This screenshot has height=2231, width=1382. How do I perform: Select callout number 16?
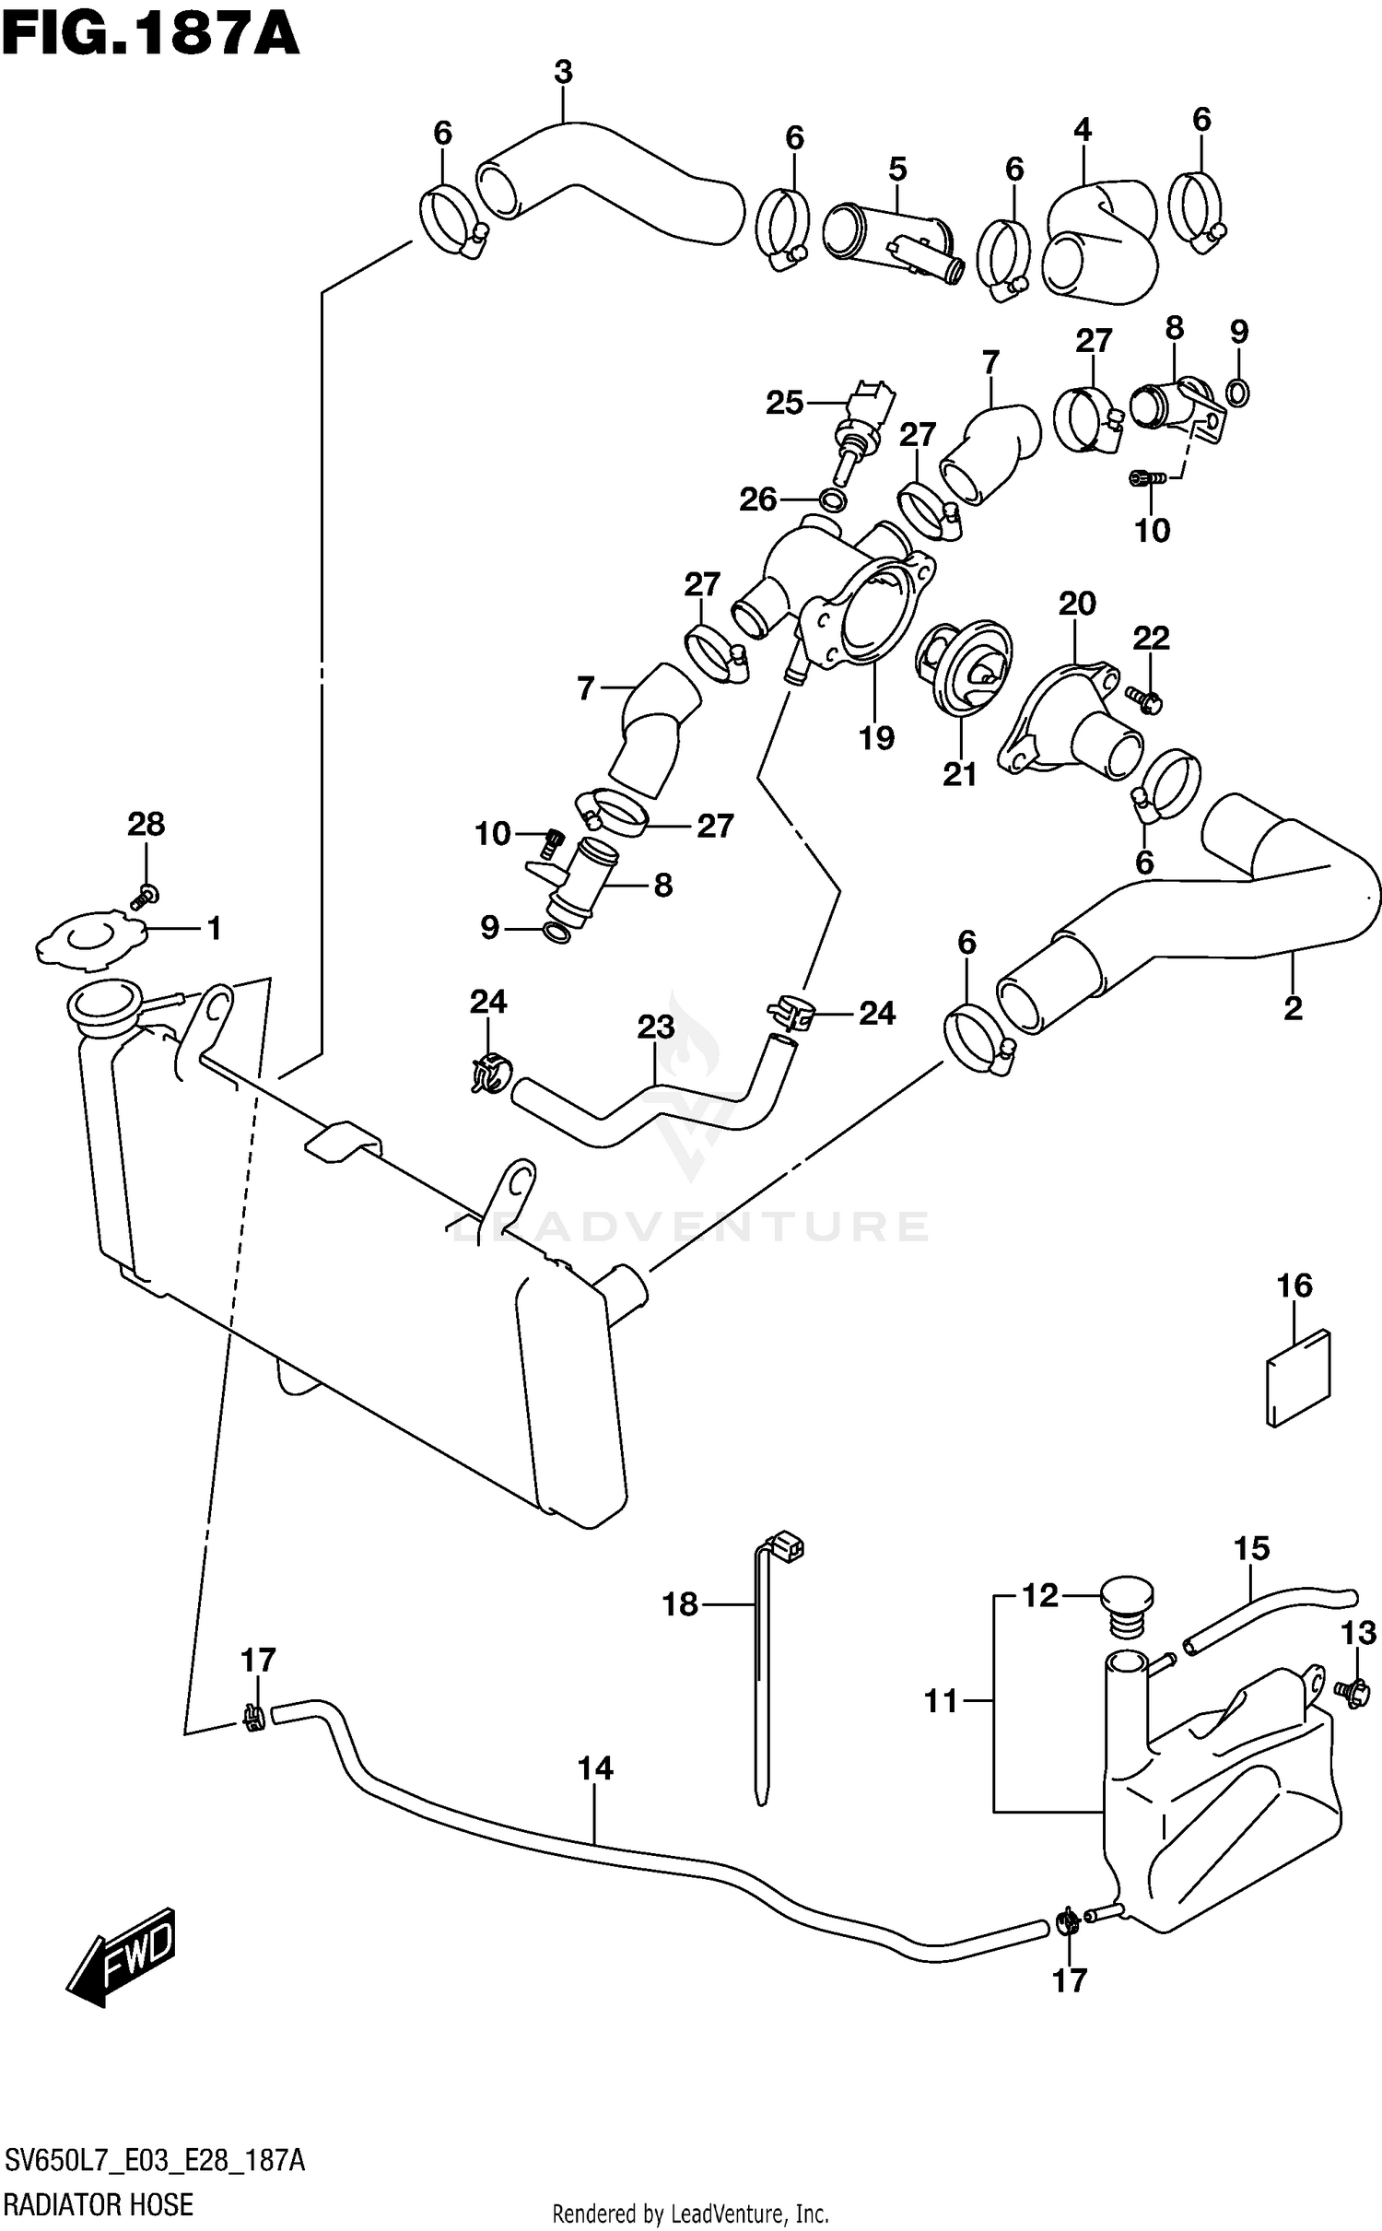[1294, 1286]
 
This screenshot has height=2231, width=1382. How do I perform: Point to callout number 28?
[146, 824]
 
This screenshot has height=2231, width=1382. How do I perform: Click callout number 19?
[876, 737]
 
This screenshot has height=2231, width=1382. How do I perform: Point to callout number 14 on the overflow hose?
[595, 1768]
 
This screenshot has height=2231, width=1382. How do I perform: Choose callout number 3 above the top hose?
[563, 72]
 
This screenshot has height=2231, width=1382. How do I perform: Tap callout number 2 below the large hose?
[1293, 1008]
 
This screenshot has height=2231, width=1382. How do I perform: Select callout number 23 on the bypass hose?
[655, 1027]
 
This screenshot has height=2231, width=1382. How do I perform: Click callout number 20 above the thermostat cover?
[1076, 605]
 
